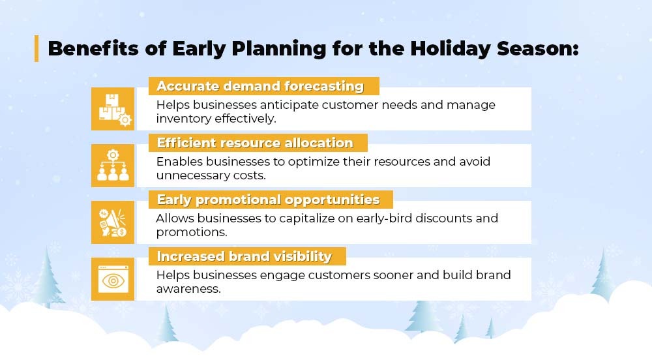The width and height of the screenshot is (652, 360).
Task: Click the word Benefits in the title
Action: click(93, 48)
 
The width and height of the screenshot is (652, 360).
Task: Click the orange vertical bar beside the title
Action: click(37, 49)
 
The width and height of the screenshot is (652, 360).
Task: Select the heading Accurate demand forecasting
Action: click(260, 86)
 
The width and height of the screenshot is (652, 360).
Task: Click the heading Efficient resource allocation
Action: click(255, 143)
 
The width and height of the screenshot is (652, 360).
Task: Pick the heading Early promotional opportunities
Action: click(268, 200)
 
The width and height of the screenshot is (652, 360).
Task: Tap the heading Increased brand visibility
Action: click(244, 256)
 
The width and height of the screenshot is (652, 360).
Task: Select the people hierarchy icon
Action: click(113, 166)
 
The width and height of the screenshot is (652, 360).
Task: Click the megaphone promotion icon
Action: click(113, 222)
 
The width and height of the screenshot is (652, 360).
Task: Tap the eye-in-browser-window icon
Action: click(113, 279)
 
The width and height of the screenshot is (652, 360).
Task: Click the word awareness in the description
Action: click(188, 289)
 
